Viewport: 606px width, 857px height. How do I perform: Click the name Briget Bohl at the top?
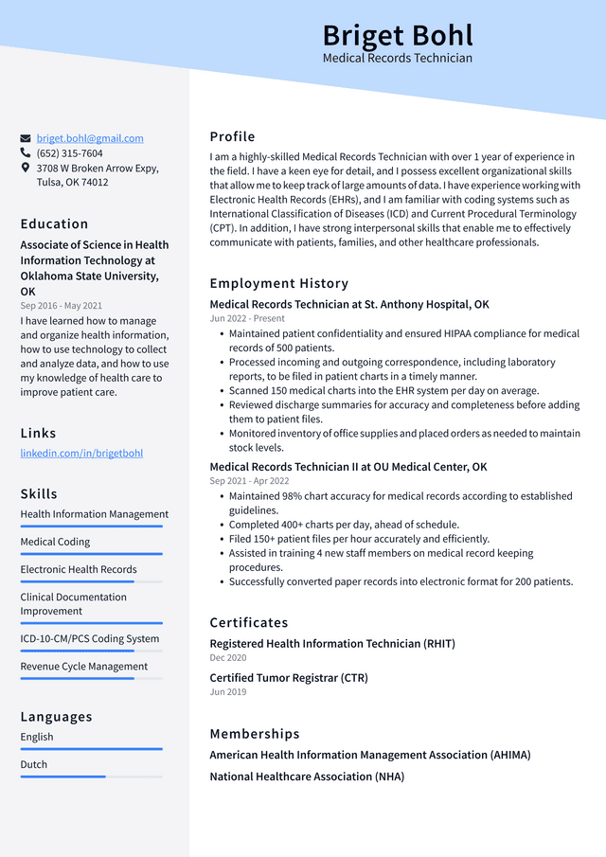[398, 35]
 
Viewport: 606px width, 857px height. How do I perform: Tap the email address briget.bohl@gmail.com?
[90, 138]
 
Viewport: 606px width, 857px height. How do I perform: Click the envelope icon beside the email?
[26, 138]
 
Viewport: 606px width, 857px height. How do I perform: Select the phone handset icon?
[26, 153]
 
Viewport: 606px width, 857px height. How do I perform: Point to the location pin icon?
[26, 168]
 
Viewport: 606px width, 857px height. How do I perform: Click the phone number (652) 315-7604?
[70, 153]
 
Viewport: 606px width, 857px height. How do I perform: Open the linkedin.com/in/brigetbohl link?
[81, 454]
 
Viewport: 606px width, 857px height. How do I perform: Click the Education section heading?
[54, 224]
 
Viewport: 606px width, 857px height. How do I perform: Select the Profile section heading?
[232, 136]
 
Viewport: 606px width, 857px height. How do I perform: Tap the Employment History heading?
[279, 283]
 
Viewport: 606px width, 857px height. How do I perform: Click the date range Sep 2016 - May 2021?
[62, 306]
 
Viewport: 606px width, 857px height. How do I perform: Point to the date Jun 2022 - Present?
[247, 319]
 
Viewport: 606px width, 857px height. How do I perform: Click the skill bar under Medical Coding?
[91, 554]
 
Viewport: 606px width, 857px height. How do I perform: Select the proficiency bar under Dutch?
[91, 777]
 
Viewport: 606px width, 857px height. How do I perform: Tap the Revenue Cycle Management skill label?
[84, 667]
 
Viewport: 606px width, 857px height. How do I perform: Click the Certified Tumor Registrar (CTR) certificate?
[289, 678]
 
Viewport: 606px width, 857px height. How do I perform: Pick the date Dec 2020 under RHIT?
[228, 658]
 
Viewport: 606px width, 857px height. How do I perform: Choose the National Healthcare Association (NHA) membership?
[307, 777]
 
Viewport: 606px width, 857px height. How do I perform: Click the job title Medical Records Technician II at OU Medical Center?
[348, 467]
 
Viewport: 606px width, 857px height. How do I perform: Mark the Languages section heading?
[57, 717]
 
